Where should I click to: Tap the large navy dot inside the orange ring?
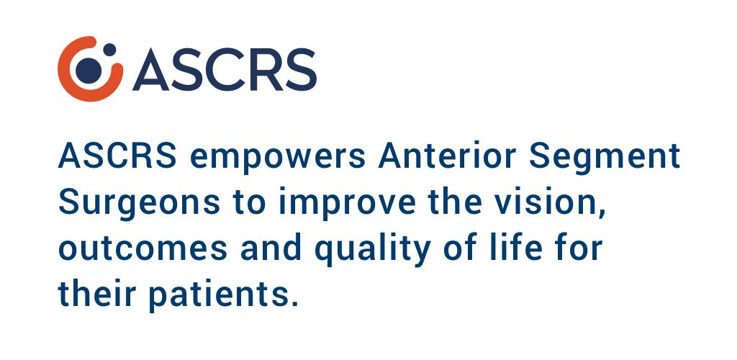point(89,71)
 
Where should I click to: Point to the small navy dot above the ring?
point(109,50)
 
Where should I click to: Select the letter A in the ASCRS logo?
point(151,70)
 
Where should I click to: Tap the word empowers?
point(277,159)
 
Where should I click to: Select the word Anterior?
point(448,156)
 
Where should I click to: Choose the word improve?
point(348,204)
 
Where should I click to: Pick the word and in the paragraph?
point(271,247)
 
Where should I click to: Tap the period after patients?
point(294,303)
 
